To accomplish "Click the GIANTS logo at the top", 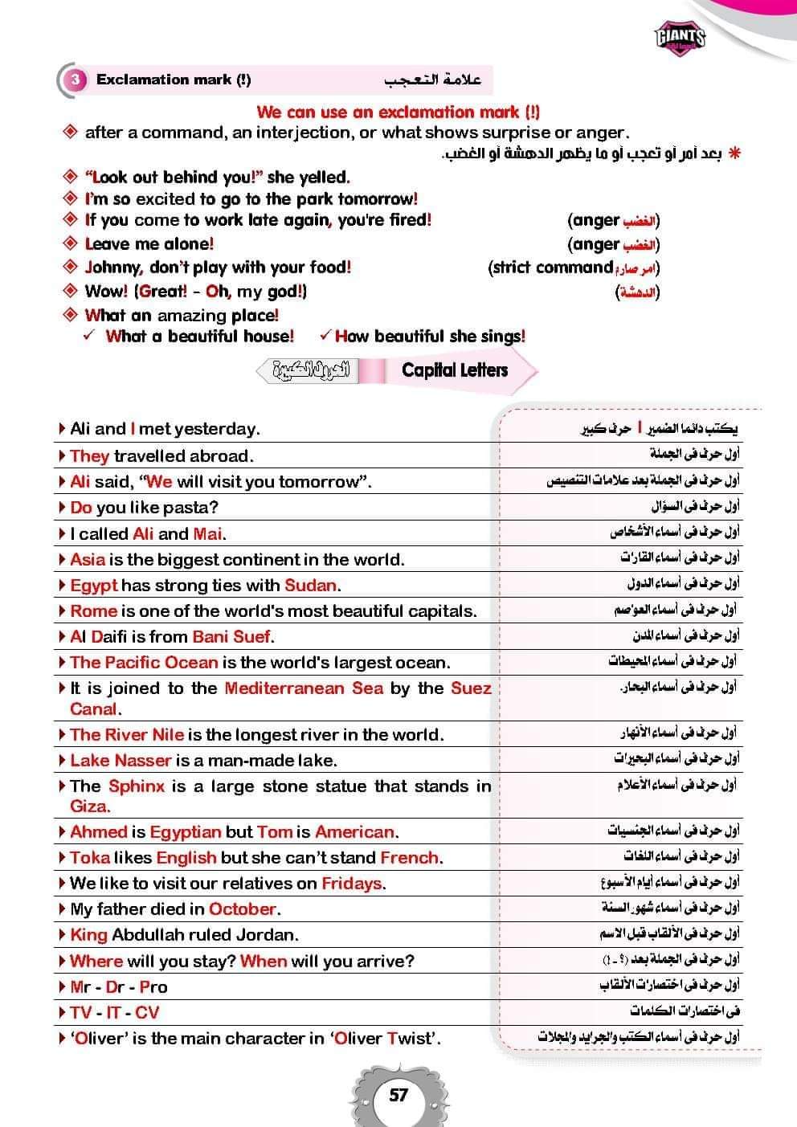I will tap(680, 37).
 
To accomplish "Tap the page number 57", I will tap(398, 1094).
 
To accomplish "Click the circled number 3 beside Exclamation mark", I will tap(76, 80).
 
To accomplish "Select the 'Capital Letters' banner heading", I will tap(455, 370).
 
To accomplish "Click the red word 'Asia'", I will tap(88, 559).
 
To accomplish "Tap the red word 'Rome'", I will tap(93, 610).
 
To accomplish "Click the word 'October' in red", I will tap(243, 909).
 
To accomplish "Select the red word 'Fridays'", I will tap(352, 883).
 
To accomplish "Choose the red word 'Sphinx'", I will tap(137, 786).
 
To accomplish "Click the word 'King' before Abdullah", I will tap(88, 934).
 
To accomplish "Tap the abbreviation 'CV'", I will tap(147, 1012).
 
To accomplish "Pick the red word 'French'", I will tap(410, 857).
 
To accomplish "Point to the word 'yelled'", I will tap(325, 177).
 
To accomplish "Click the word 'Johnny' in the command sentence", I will tap(113, 267).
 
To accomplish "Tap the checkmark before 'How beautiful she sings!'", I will tap(325, 336).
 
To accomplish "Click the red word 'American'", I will tap(355, 831).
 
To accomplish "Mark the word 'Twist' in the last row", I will tap(409, 1038).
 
